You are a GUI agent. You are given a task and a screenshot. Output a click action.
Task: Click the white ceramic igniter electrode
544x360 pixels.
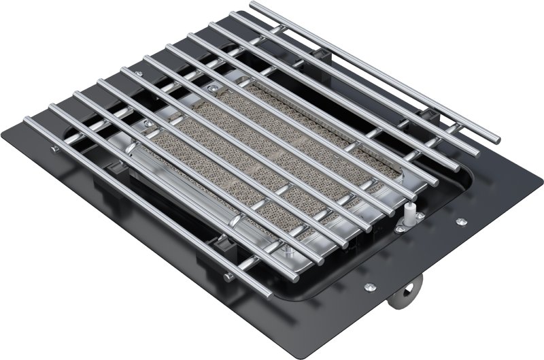point(411,208)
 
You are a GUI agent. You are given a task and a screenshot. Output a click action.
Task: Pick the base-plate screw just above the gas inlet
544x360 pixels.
point(369,286)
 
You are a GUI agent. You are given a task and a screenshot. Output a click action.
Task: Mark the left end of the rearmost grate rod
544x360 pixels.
point(254,6)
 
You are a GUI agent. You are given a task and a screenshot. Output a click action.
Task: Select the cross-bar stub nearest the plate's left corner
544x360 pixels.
point(52,146)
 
